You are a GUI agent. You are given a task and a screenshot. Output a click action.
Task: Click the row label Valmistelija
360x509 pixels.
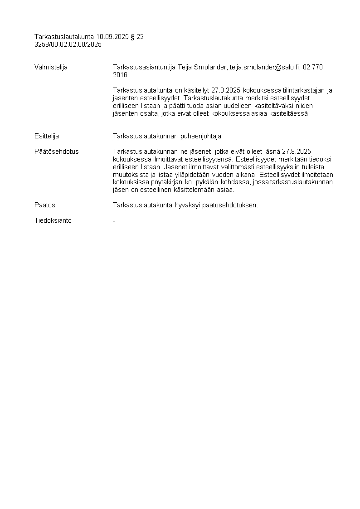pos(51,67)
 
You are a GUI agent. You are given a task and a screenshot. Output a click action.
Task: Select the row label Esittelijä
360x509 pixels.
pos(46,136)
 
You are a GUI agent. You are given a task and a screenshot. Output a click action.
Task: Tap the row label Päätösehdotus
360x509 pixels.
pos(56,152)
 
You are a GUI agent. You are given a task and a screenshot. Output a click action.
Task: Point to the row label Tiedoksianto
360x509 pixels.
pos(53,220)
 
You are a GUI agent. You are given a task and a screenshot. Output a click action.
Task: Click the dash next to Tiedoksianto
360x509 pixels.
pos(114,220)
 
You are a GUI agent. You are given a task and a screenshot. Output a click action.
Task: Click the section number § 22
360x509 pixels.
pos(137,37)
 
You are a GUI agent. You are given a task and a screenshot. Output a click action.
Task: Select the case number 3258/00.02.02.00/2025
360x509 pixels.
pos(68,44)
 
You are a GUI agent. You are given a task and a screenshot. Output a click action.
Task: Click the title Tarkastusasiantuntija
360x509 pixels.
pos(144,67)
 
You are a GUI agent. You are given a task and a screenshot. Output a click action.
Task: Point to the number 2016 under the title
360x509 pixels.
pos(120,75)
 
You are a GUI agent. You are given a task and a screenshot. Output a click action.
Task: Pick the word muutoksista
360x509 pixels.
pos(128,175)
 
